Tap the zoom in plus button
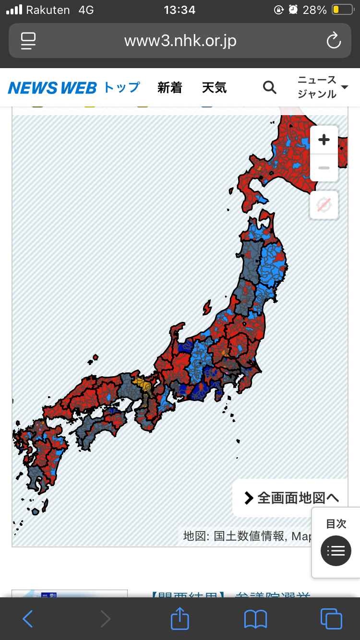pos(324,140)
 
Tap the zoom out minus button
pos(324,168)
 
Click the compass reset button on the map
pos(324,205)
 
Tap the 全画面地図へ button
pos(291,498)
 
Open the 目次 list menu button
pos(336,550)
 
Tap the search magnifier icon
pos(270,87)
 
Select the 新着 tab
pos(170,87)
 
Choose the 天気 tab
pos(214,87)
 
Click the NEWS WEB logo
pos(52,88)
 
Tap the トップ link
pos(122,87)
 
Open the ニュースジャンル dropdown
pos(323,87)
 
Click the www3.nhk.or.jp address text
pos(180,41)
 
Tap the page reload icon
pos(333,41)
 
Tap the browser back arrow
pos(28,618)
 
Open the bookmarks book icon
pos(255,618)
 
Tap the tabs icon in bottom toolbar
pos(331,618)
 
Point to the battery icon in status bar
pos(342,10)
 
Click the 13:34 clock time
pos(180,10)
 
